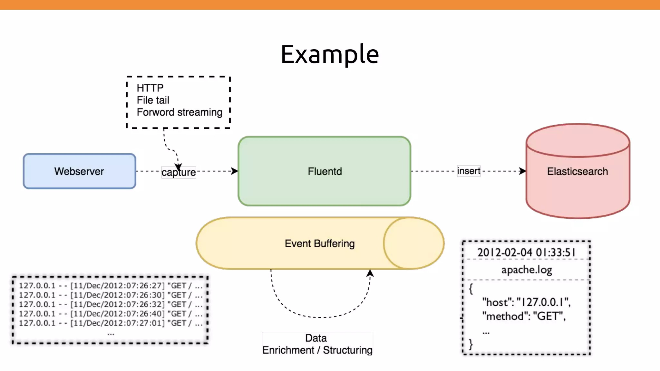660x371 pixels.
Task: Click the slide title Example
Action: (330, 54)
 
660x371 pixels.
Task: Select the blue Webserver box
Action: (79, 171)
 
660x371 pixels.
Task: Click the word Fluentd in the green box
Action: (325, 171)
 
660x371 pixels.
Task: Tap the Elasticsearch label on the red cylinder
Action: (577, 171)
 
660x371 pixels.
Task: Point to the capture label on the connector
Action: (179, 172)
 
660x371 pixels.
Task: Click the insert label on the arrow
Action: (469, 171)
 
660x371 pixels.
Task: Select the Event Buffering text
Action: (319, 243)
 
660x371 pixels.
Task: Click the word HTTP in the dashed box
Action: (150, 88)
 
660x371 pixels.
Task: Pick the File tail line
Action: (153, 100)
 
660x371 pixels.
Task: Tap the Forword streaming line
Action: (180, 112)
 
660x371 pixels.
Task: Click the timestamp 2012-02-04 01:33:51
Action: (526, 252)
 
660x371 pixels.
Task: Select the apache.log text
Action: (526, 270)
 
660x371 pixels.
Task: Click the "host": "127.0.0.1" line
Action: (526, 302)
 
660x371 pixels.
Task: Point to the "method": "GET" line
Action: (524, 316)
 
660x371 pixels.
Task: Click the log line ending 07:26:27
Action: (111, 286)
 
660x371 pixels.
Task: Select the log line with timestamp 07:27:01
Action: (111, 323)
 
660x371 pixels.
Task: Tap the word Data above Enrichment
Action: (316, 338)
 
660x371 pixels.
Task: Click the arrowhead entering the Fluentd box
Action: (235, 171)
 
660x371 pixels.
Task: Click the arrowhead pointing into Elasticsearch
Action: (522, 171)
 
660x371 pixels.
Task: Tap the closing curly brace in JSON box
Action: (471, 344)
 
